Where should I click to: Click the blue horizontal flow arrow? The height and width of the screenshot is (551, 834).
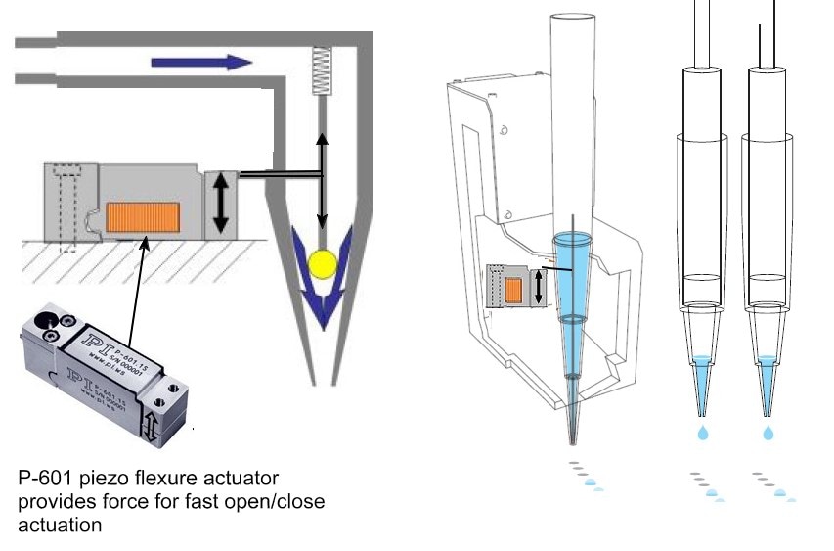click(200, 63)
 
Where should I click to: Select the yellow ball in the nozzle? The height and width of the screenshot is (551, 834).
click(321, 262)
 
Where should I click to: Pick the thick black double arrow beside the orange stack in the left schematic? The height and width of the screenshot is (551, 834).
click(222, 203)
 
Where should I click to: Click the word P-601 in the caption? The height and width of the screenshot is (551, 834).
click(46, 479)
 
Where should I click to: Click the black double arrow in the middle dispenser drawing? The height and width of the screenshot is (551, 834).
click(537, 287)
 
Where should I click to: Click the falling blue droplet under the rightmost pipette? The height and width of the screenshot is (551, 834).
click(768, 431)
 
